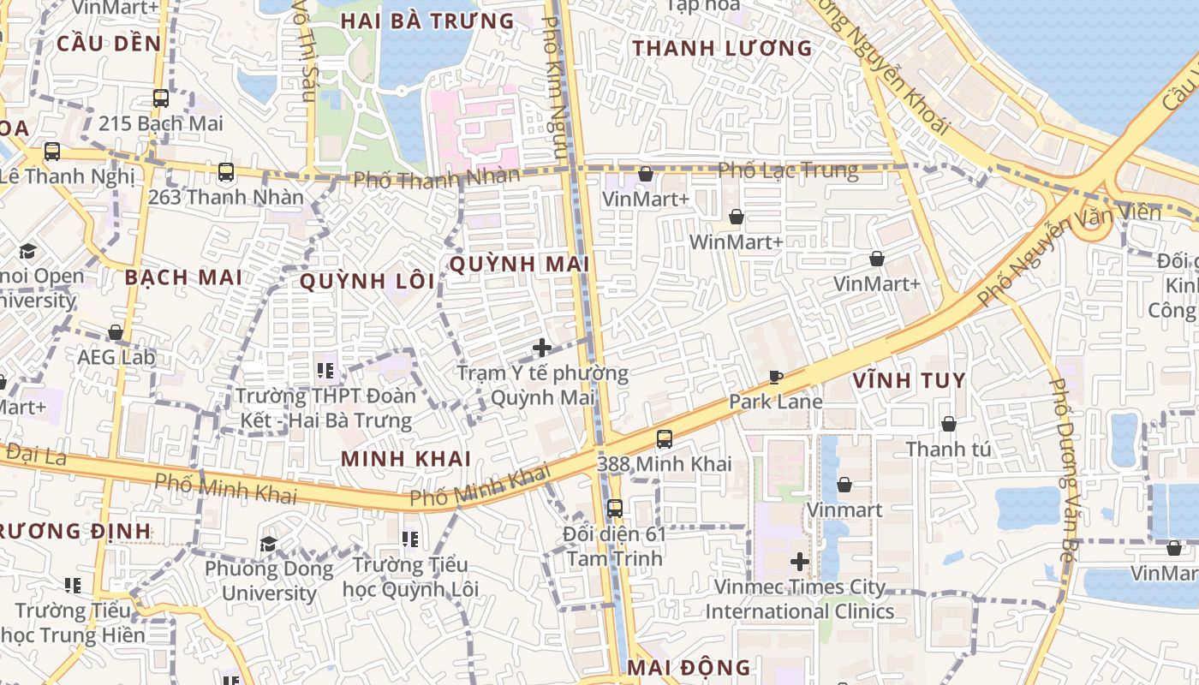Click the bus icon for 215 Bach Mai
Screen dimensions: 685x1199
[161, 98]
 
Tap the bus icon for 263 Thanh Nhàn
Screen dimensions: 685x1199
[226, 172]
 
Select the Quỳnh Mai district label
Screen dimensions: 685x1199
[519, 265]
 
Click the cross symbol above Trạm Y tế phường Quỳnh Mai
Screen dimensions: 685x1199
[542, 348]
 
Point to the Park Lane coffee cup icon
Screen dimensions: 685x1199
[776, 377]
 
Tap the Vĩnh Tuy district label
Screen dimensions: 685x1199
[910, 380]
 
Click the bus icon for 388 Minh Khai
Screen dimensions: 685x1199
[665, 439]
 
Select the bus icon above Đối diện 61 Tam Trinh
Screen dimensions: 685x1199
[615, 508]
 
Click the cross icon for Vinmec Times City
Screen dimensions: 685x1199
[800, 562]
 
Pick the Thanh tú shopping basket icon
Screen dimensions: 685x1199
[949, 424]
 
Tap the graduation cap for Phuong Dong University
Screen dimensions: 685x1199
[268, 544]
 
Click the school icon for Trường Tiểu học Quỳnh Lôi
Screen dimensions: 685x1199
[410, 539]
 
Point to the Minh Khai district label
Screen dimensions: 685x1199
[406, 458]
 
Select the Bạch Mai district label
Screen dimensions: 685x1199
[183, 277]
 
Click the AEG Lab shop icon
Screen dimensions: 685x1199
[116, 331]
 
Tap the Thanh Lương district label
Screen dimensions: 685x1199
[722, 49]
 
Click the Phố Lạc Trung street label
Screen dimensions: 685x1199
[788, 170]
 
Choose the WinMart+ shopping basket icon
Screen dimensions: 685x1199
[736, 217]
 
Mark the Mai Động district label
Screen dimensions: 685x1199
[689, 667]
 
